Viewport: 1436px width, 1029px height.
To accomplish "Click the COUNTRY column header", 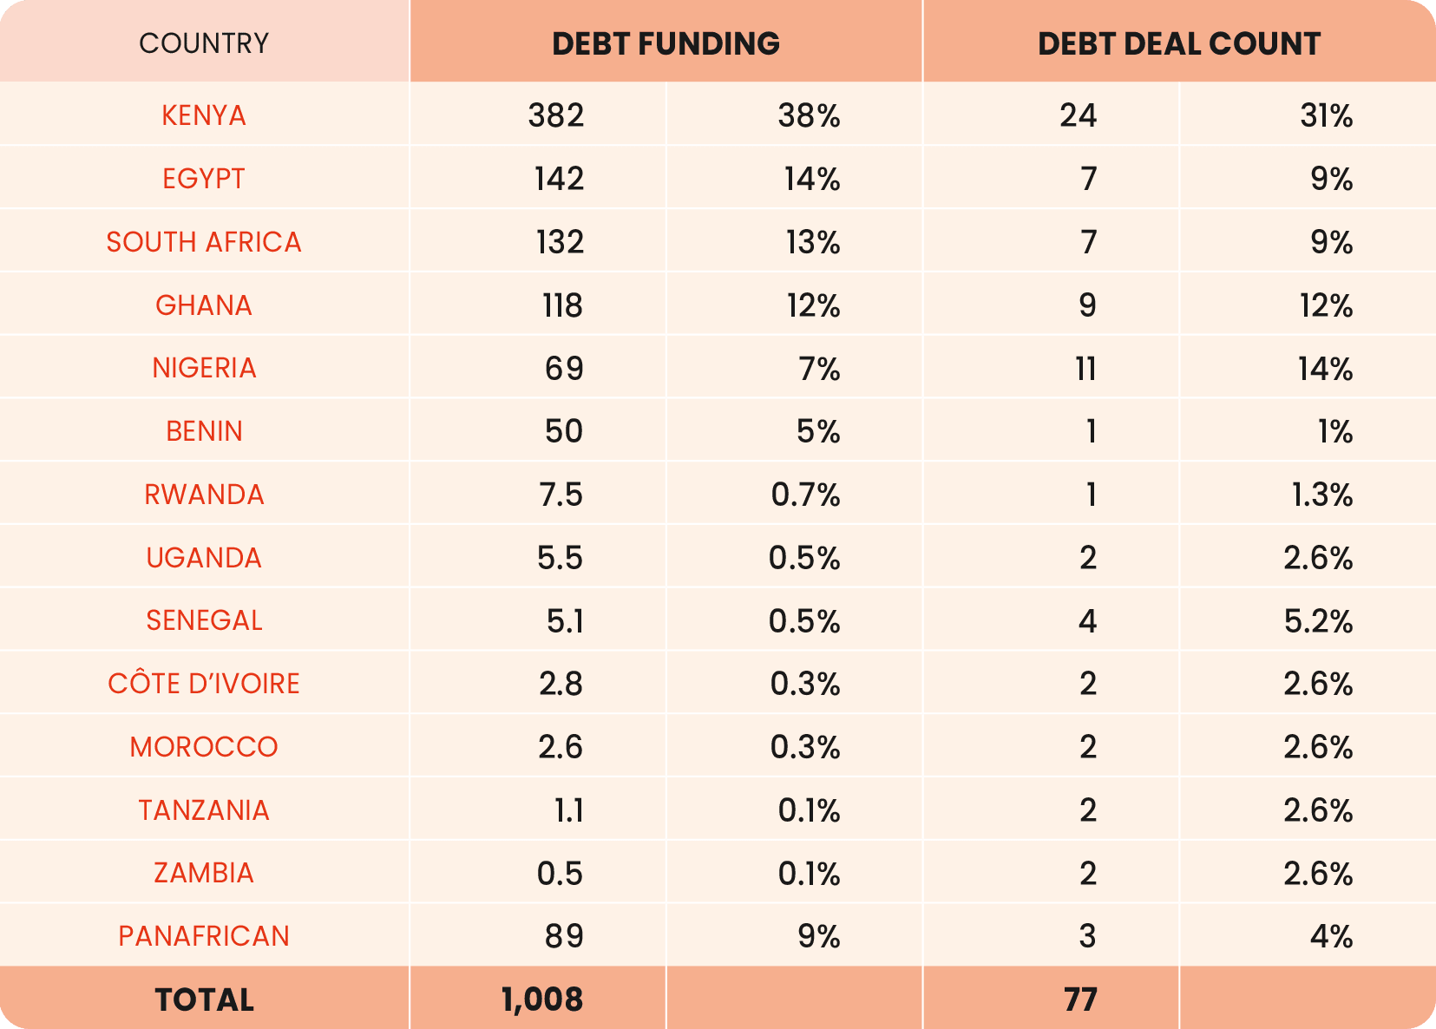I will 204,43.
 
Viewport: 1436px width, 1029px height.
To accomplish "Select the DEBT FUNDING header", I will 666,43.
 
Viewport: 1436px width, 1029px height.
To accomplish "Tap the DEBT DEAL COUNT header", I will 1178,43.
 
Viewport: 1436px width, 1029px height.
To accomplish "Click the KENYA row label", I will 204,115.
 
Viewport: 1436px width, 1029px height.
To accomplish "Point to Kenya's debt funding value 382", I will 556,115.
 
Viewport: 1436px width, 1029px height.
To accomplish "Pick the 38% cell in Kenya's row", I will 809,115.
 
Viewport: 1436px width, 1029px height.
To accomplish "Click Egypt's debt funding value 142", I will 559,179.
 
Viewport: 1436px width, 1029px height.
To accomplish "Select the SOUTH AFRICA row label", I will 204,242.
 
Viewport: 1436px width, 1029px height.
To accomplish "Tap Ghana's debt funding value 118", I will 562,305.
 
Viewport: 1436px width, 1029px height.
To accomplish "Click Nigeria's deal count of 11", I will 1085,369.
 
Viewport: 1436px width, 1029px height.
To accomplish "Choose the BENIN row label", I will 204,431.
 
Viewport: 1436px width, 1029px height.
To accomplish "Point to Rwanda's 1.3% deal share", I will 1321,495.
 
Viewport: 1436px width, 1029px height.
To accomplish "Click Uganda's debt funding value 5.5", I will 560,558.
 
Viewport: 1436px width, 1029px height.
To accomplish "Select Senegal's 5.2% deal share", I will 1318,621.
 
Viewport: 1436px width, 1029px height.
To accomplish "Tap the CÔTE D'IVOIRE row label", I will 204,684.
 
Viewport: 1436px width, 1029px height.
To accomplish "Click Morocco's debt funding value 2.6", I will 560,747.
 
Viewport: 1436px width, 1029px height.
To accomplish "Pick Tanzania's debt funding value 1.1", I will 568,810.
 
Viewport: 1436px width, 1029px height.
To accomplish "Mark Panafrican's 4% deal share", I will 1331,936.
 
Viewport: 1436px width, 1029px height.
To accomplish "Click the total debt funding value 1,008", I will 542,1000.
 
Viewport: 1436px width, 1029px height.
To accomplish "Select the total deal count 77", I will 1080,1000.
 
